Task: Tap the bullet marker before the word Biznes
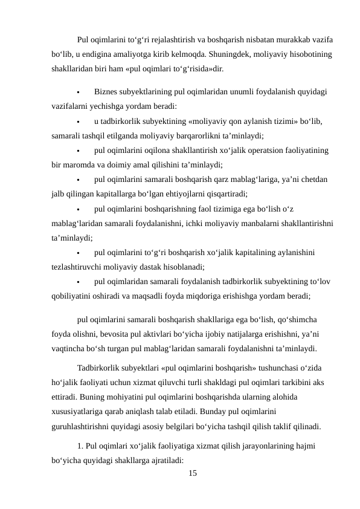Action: (79, 92)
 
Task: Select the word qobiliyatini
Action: (74, 296)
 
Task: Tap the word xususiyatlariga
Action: (83, 412)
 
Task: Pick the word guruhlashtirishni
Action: (85, 426)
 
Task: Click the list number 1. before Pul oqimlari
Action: (81, 446)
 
